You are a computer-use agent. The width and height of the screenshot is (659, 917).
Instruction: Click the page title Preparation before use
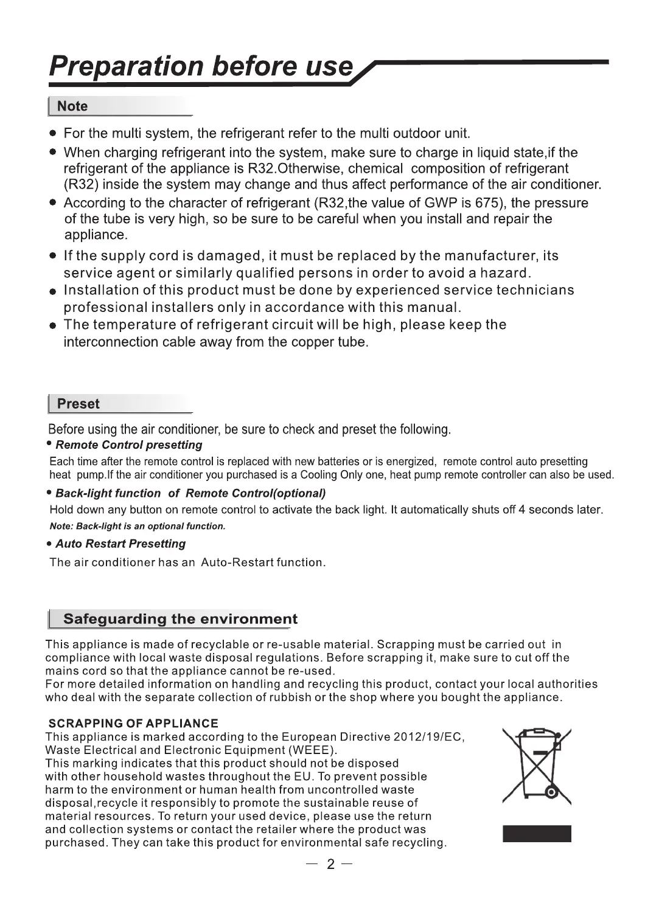(201, 66)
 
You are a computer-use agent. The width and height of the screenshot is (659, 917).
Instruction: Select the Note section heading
(72, 106)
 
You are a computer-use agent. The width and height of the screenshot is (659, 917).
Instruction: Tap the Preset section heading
(78, 404)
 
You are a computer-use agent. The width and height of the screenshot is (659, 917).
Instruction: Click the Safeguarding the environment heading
(180, 619)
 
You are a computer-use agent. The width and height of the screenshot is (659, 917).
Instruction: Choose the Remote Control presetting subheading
(128, 445)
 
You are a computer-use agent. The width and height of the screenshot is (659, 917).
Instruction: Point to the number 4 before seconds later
(521, 510)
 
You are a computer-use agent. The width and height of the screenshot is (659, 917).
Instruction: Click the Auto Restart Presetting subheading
(120, 544)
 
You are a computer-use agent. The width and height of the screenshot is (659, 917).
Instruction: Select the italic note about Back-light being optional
(138, 527)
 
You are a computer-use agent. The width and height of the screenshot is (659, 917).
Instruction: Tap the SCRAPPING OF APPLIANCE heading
(133, 724)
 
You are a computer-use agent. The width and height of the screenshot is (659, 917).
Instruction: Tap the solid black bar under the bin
(537, 834)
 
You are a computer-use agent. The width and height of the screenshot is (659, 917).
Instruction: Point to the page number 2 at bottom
(330, 865)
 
